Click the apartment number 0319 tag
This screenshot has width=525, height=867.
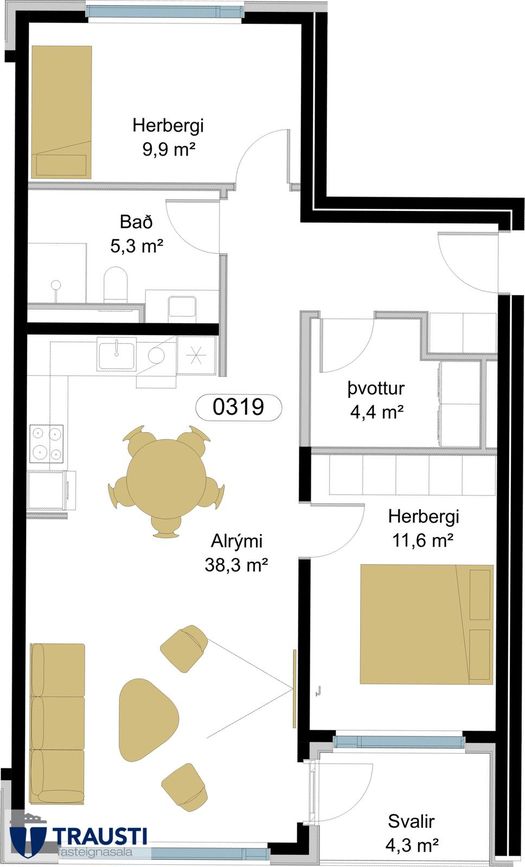click(238, 408)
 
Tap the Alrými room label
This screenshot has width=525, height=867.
click(236, 541)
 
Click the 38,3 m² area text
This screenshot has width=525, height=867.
click(236, 565)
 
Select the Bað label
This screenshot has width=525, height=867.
click(136, 222)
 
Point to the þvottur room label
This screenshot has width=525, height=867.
click(376, 389)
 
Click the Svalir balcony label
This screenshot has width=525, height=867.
click(411, 822)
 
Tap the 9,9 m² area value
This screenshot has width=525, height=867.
click(170, 149)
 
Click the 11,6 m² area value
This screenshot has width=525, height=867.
click(423, 540)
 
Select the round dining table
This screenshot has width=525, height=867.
click(166, 479)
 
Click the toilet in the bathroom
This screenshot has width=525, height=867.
click(116, 284)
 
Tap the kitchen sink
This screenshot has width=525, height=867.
click(116, 354)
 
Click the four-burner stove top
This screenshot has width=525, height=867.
click(46, 443)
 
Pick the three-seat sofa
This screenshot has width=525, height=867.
click(58, 723)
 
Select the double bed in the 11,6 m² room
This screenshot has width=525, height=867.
click(427, 624)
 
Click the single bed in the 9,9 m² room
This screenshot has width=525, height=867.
click(61, 112)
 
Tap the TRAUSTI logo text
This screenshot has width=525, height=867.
click(100, 835)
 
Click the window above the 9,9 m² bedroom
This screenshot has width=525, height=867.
click(165, 11)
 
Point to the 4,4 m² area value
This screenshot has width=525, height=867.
click(376, 411)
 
